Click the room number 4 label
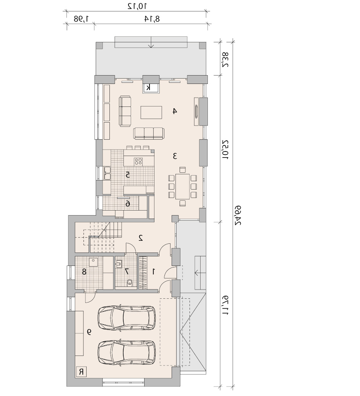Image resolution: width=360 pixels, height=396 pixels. click(174, 111)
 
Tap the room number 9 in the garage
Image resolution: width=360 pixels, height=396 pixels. click(89, 332)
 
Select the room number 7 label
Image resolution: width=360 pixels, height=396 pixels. click(127, 272)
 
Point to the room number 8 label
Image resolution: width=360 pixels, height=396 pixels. click(84, 272)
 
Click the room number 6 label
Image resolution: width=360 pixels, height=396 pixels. click(128, 203)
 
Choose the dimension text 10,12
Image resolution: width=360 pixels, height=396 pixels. click(137, 6)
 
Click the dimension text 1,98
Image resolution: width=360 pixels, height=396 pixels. click(81, 18)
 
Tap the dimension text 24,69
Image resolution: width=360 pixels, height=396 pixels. click(238, 215)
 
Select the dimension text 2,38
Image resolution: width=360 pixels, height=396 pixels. click(225, 60)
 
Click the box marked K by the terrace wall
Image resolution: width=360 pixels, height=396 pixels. click(151, 88)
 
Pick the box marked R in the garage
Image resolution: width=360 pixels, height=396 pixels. click(81, 372)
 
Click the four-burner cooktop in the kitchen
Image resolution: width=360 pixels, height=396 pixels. click(138, 161)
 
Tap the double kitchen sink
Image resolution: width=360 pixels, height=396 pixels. click(107, 173)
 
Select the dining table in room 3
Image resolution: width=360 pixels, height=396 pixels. click(183, 187)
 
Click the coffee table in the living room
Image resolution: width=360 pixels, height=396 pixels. click(151, 113)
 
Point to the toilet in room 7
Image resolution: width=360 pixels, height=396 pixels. click(130, 282)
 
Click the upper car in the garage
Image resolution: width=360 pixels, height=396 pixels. click(127, 318)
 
